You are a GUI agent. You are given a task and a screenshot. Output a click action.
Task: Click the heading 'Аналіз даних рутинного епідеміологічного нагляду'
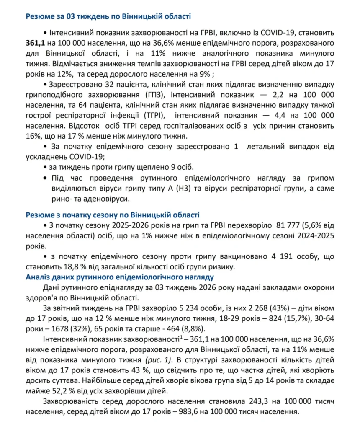[120, 277]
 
